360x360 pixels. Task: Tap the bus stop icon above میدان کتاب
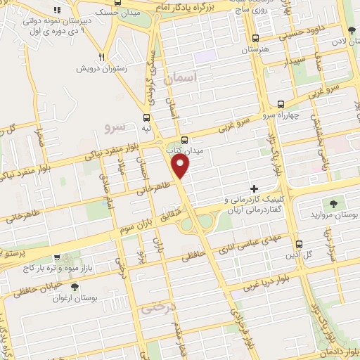(x=184, y=140)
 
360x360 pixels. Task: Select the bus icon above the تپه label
(x=146, y=117)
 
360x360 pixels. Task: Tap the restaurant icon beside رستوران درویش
(x=103, y=57)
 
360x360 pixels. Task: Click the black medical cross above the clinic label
(x=255, y=188)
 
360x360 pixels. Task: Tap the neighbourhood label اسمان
(x=178, y=79)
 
